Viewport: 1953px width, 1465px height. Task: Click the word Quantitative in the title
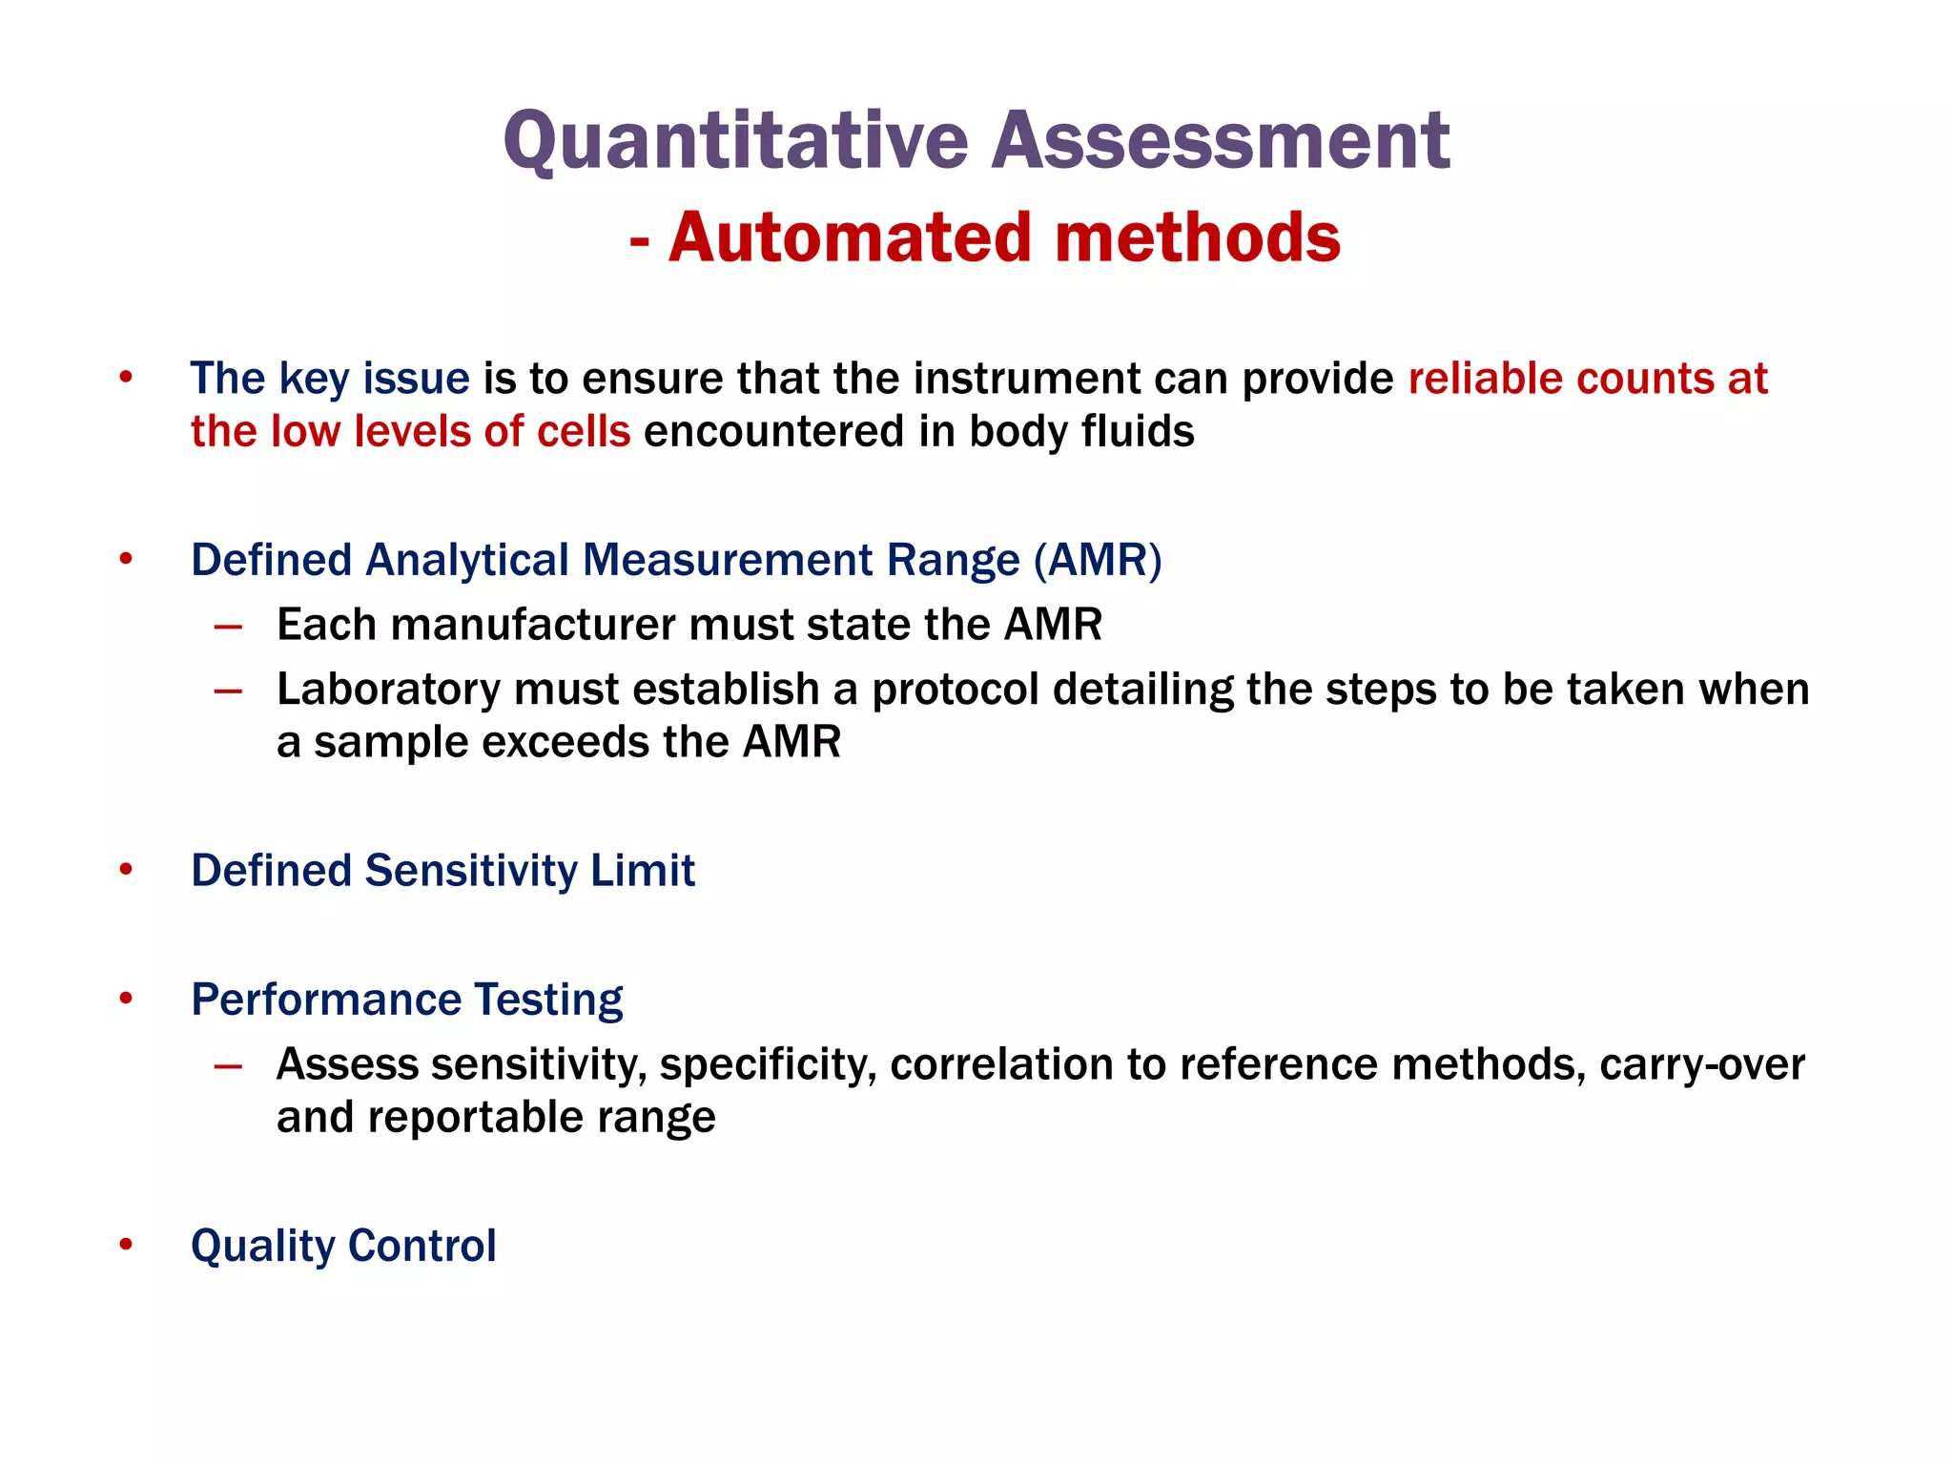point(735,141)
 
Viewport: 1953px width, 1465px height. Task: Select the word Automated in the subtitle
point(850,237)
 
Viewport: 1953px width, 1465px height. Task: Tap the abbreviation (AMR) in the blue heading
point(1098,560)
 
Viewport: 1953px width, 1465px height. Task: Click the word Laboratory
point(388,690)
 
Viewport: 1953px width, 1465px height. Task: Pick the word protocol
point(956,690)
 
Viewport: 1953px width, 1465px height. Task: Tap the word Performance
point(325,1000)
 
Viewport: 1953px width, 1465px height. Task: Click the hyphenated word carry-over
point(1702,1064)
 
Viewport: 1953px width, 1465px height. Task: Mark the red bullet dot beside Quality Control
point(126,1244)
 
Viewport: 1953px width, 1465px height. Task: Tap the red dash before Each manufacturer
point(228,627)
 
